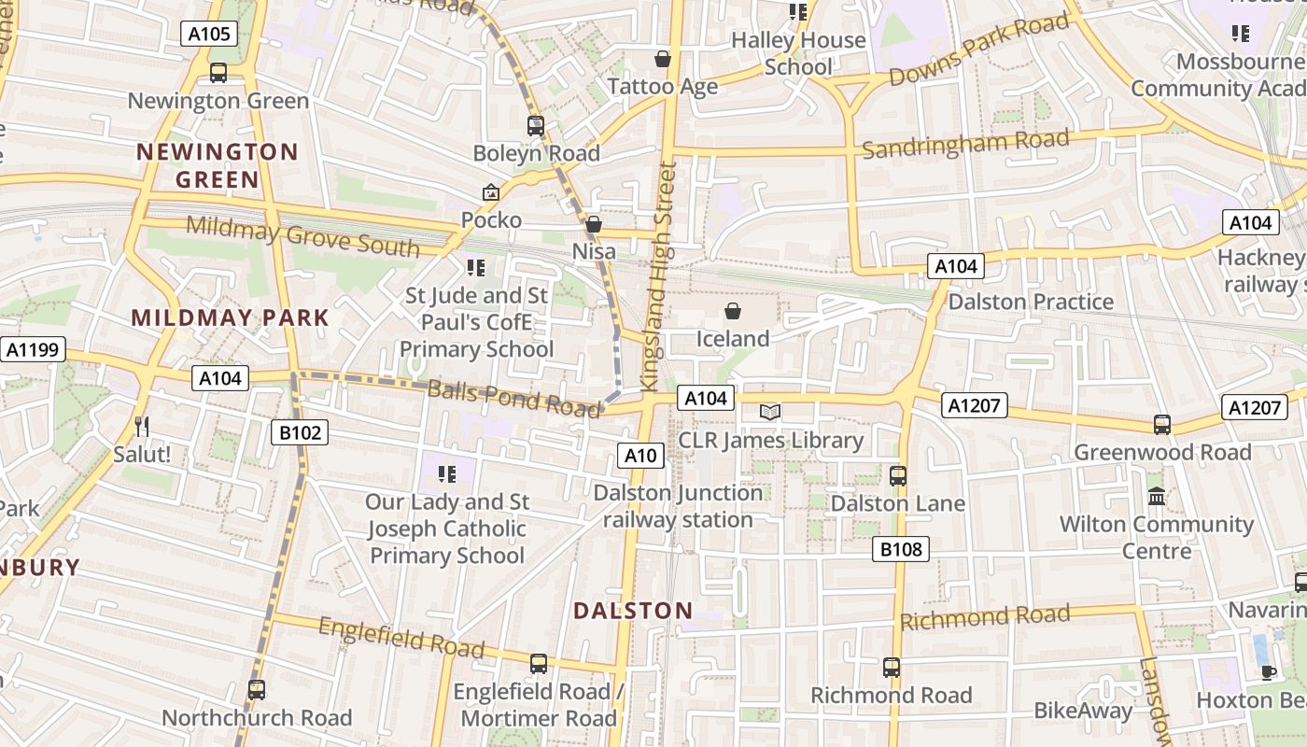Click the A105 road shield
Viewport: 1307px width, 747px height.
click(209, 35)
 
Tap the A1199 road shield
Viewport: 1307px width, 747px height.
click(33, 350)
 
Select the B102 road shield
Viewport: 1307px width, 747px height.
click(300, 432)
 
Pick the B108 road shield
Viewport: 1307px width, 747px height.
click(901, 549)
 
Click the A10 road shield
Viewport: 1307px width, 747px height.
click(640, 456)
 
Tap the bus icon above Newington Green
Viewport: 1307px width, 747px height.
click(218, 73)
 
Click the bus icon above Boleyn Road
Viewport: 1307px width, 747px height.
click(536, 125)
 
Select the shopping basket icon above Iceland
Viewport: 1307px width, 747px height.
click(733, 311)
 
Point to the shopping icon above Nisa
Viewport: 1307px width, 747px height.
click(594, 224)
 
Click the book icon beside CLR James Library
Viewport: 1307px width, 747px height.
click(770, 412)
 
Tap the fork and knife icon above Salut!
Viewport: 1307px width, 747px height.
click(142, 427)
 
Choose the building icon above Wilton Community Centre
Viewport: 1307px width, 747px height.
click(1157, 496)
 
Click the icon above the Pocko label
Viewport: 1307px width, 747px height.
click(491, 192)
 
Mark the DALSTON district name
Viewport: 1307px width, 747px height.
click(633, 611)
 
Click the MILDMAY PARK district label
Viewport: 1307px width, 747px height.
click(231, 317)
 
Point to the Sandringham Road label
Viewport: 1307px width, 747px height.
click(965, 145)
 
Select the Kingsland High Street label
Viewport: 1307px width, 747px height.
click(657, 276)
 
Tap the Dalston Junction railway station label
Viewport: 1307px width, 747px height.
click(678, 506)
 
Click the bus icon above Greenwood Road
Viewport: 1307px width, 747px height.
click(1162, 425)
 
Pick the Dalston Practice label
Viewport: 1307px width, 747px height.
click(1031, 302)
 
